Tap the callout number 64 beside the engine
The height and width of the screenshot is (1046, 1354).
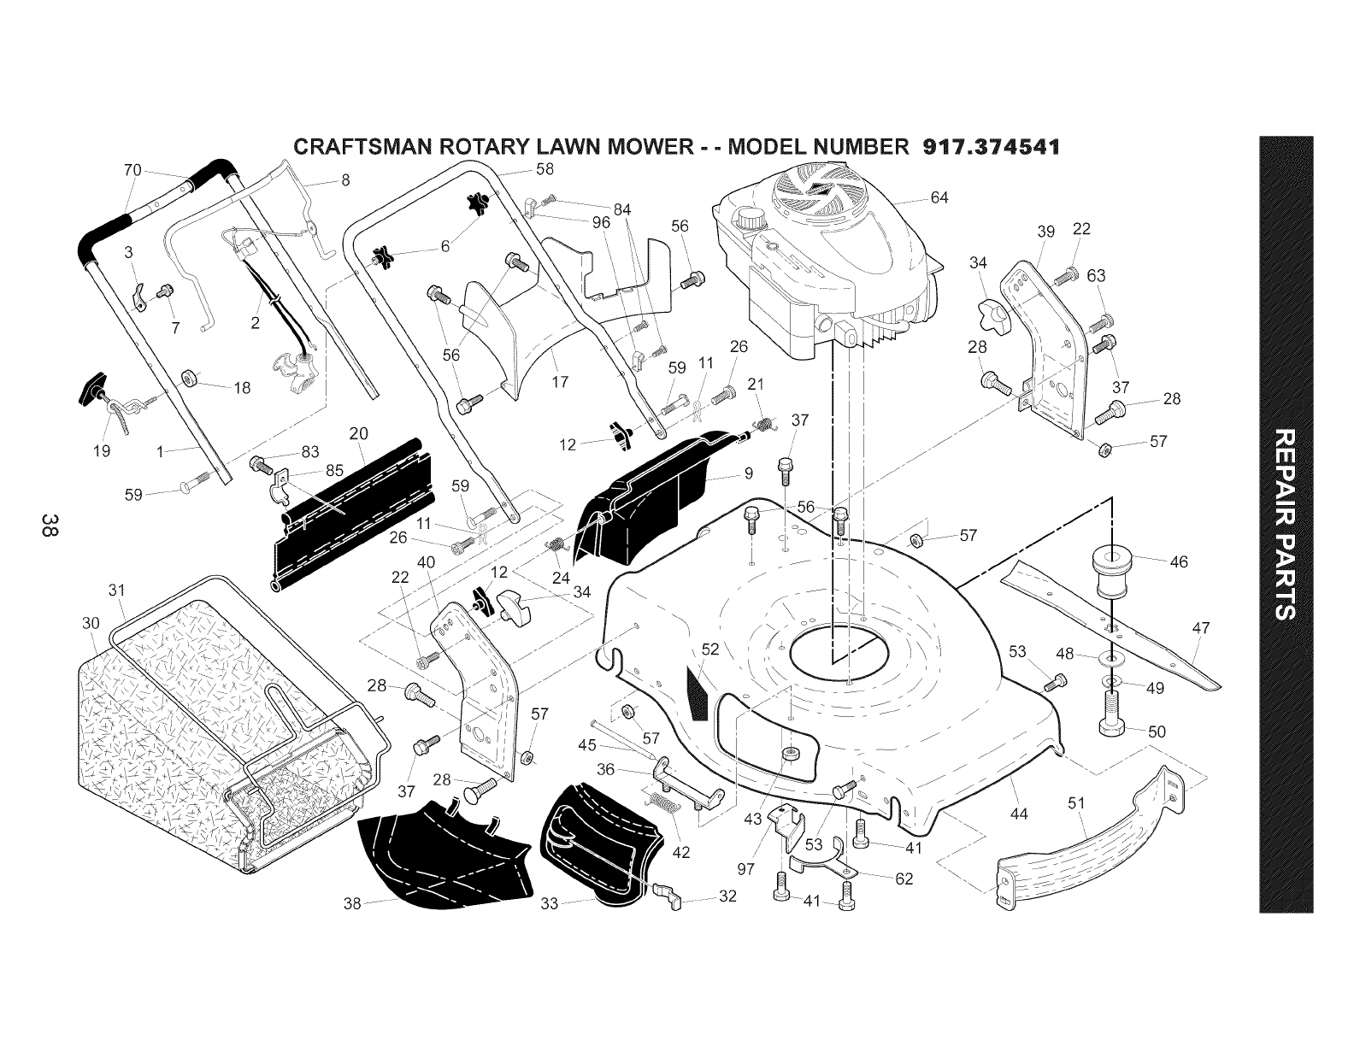(939, 199)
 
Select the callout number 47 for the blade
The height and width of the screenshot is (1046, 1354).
(1201, 629)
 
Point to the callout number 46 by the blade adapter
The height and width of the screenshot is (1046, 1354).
(1178, 561)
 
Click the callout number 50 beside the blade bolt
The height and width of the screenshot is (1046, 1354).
(1157, 732)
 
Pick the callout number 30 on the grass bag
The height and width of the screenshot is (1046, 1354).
(91, 622)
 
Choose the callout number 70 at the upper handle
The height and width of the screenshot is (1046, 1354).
(132, 170)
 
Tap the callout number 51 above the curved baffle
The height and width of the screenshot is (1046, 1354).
(1076, 802)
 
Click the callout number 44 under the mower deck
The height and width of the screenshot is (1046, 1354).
(1019, 814)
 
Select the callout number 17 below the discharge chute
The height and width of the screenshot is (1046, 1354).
(561, 381)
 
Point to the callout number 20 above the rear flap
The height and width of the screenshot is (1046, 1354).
(358, 434)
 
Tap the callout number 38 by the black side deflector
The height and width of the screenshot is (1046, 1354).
(352, 902)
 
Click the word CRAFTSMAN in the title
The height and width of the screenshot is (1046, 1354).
(356, 146)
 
